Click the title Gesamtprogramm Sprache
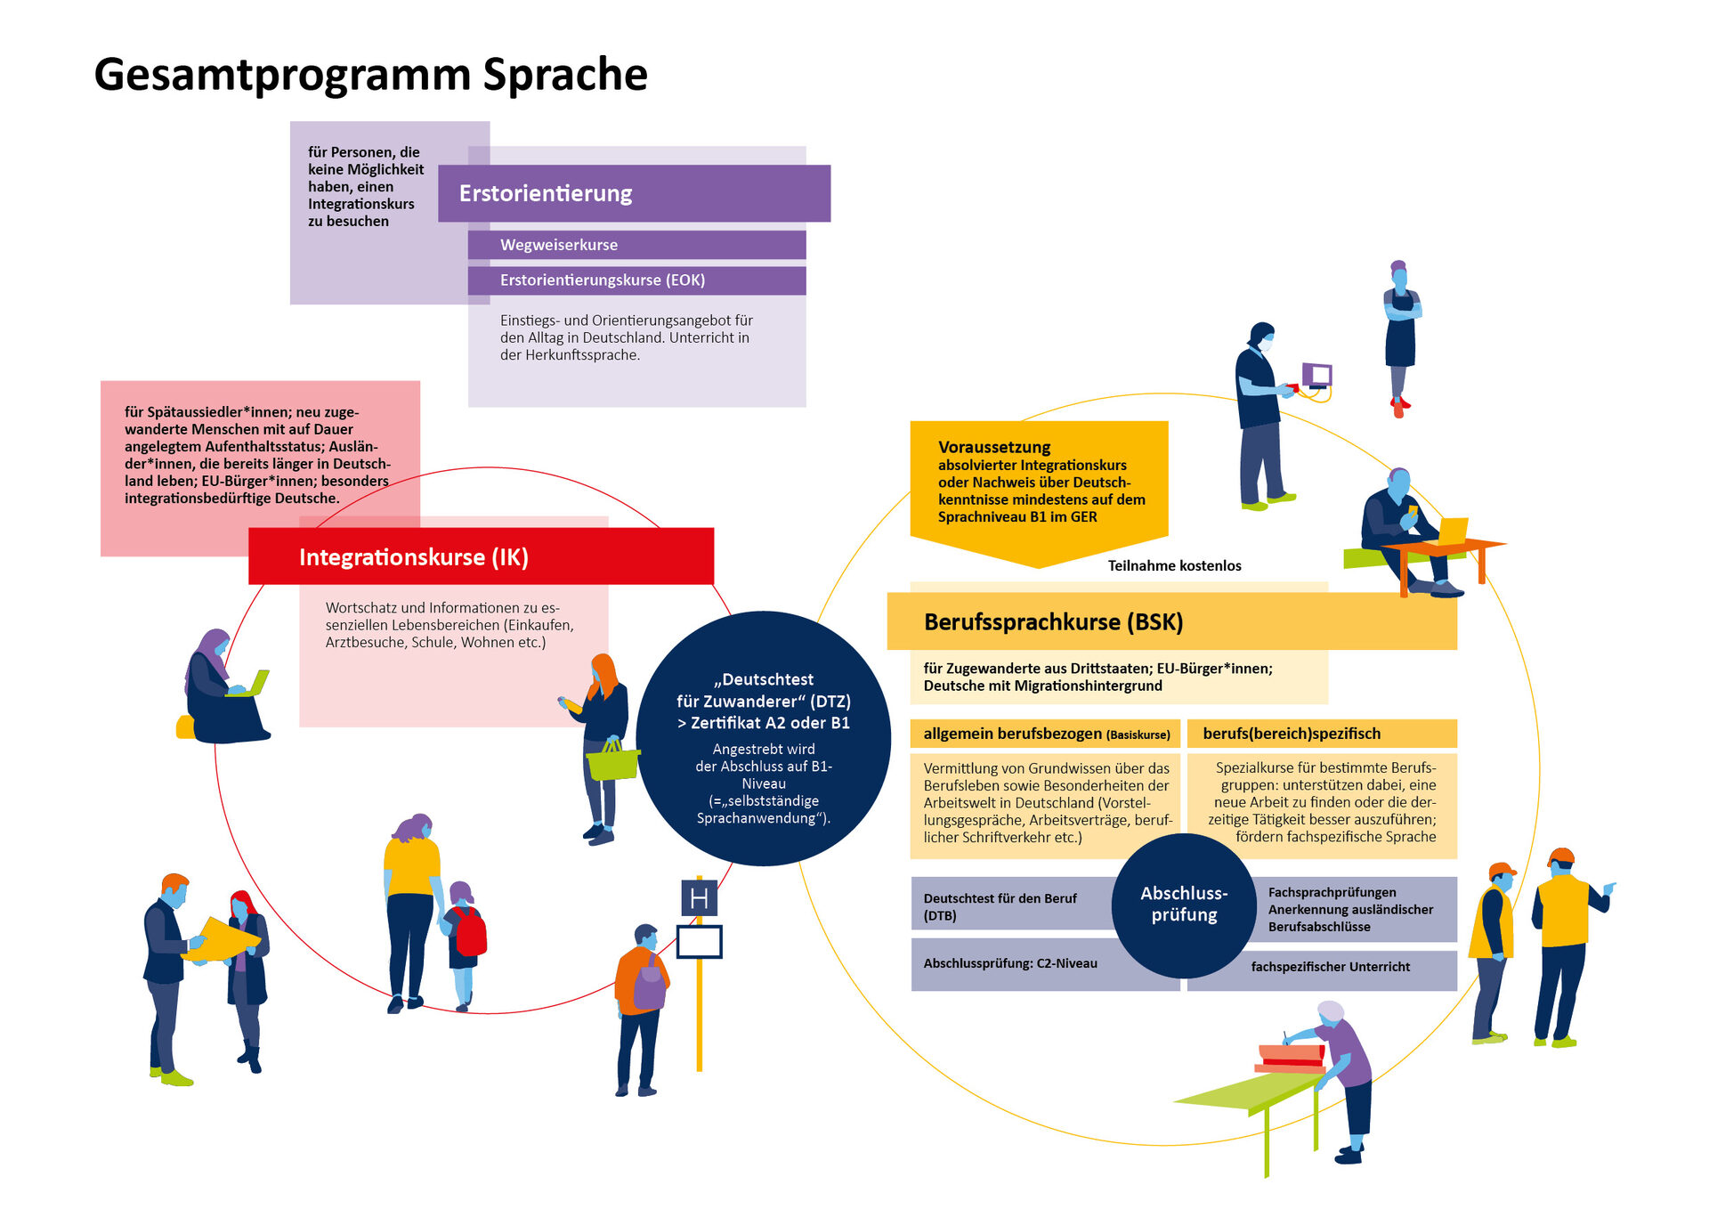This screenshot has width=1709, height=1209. pyautogui.click(x=370, y=74)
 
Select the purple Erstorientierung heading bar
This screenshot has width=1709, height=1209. pyautogui.click(x=634, y=193)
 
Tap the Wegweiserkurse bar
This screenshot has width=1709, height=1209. pyautogui.click(x=636, y=245)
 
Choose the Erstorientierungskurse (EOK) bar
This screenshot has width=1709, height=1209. pyautogui.click(x=636, y=280)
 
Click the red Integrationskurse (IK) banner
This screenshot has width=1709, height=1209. pyautogui.click(x=481, y=556)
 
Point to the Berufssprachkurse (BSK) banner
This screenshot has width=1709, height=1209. pyautogui.click(x=1171, y=621)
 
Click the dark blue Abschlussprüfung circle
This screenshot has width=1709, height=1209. pyautogui.click(x=1183, y=905)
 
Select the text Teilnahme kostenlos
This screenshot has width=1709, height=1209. pyautogui.click(x=1174, y=565)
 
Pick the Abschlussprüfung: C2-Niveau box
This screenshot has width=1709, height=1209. pyautogui.click(x=1010, y=964)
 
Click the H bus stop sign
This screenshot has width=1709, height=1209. pyautogui.click(x=699, y=898)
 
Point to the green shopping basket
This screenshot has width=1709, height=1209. pyautogui.click(x=612, y=763)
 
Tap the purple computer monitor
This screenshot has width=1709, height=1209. pyautogui.click(x=1317, y=375)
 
